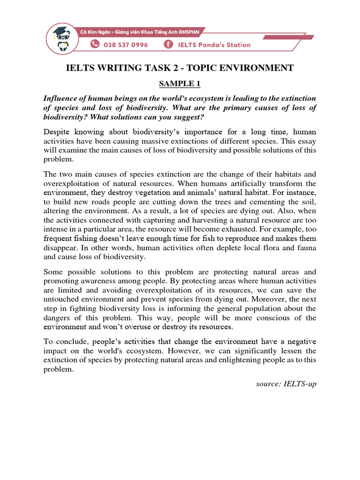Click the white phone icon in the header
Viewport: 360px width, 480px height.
tap(95, 45)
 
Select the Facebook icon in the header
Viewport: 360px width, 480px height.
tap(167, 45)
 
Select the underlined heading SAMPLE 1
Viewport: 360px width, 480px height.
tap(180, 84)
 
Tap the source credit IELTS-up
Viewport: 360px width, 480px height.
tap(299, 383)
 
